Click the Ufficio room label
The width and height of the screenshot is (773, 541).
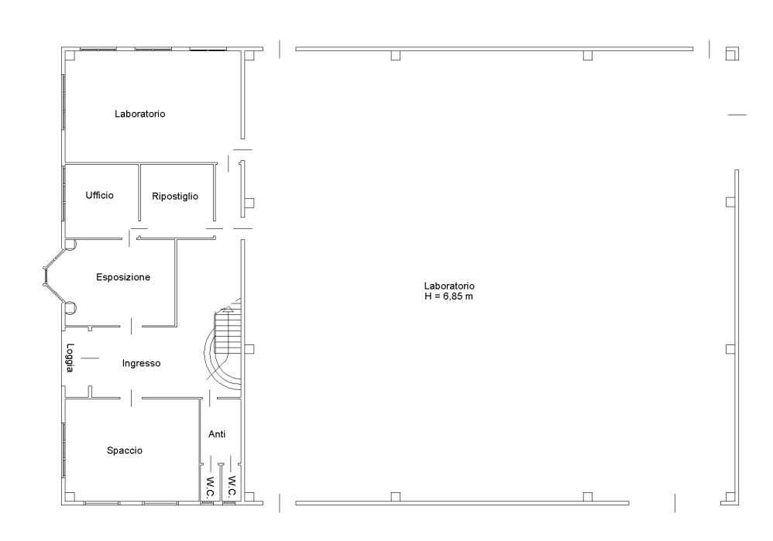coord(100,195)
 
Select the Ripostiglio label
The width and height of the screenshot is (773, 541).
coord(175,196)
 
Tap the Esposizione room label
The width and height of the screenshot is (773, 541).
coord(123,277)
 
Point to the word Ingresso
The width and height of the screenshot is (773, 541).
coord(142,363)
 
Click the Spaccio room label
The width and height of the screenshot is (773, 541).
coord(125,450)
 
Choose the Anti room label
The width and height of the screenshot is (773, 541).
coord(217,434)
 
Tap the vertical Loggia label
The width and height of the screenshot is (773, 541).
coord(70,358)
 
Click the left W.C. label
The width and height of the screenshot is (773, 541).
coord(210,486)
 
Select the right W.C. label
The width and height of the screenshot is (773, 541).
coord(232,486)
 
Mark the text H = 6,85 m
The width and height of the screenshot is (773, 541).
coord(448,296)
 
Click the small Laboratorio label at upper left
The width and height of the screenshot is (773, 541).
coord(140,114)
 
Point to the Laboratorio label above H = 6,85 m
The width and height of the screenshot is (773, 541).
coord(449,286)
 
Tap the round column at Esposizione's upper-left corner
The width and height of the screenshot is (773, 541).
coord(70,245)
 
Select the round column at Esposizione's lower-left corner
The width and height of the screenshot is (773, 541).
coord(70,307)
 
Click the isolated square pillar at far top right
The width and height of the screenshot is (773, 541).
coord(732,53)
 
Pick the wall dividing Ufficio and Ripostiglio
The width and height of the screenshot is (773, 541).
coord(139,192)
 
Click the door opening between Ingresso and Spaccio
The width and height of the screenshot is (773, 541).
coord(131,398)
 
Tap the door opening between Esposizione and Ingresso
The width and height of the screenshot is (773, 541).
coord(132,326)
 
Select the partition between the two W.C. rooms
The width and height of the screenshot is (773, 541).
coord(221,482)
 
